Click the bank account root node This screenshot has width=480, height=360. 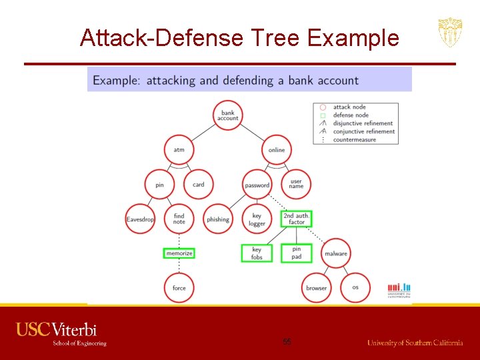(x=228, y=115)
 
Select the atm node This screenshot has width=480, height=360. (x=179, y=150)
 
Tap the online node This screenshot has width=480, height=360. (x=277, y=150)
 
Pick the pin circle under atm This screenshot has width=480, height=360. (x=160, y=185)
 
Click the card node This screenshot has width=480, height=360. (x=199, y=185)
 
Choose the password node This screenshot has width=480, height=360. (x=257, y=185)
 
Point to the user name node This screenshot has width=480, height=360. (x=296, y=185)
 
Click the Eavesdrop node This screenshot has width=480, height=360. (x=141, y=219)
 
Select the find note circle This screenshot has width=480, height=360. (x=179, y=219)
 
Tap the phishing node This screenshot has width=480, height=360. (x=218, y=219)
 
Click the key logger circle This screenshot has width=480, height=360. (x=257, y=219)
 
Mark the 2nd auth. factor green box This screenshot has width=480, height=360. (x=297, y=219)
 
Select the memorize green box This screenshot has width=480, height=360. (x=179, y=253)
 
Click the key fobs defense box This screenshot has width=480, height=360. (x=257, y=253)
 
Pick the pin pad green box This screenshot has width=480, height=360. (x=297, y=253)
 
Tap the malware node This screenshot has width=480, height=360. (x=336, y=253)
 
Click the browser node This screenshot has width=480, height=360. (x=317, y=288)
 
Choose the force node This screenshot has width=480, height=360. (x=179, y=288)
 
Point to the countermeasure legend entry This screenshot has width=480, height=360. (x=354, y=140)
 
